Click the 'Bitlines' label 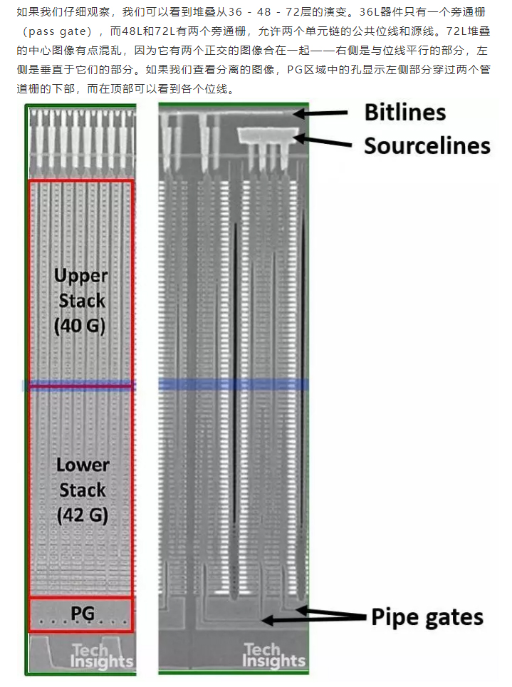(404, 113)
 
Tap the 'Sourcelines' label (427, 145)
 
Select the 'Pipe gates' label (427, 616)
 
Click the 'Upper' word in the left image (81, 276)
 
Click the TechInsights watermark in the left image (101, 655)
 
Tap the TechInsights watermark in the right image (274, 655)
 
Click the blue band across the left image (78, 385)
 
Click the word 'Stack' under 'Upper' (81, 300)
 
